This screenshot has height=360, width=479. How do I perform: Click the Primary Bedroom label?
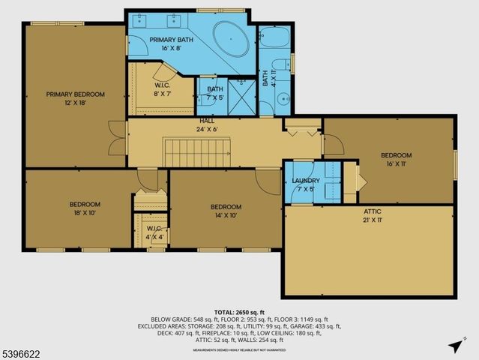75,98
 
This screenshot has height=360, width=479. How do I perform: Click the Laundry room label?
306,184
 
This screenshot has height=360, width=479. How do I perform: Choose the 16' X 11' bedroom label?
397,160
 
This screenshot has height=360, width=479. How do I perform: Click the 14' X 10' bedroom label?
226,211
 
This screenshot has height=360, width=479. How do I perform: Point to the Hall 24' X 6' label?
207,124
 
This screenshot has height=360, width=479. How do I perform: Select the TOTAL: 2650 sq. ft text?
239,311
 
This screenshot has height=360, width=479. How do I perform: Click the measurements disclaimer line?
239,349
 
